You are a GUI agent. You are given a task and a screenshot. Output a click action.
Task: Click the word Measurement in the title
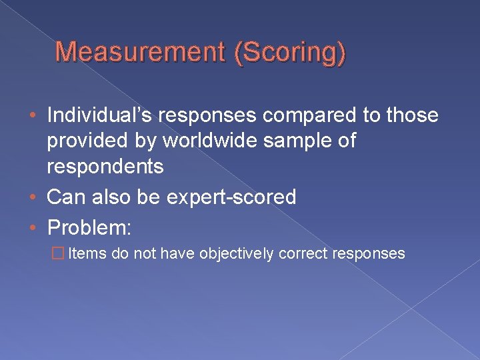click(139, 53)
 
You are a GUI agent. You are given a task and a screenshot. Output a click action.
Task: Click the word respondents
click(105, 167)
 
